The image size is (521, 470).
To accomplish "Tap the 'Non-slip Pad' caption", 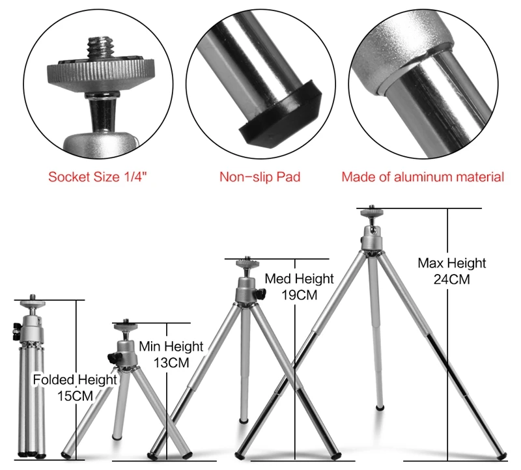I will click(x=260, y=176).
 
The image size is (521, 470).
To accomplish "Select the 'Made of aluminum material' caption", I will click(x=423, y=176).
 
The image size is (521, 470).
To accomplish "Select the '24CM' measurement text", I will click(x=452, y=279).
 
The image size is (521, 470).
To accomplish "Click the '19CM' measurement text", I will click(x=299, y=294).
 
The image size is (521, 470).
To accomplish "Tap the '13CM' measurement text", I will click(x=171, y=363).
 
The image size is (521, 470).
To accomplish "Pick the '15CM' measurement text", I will click(x=75, y=395).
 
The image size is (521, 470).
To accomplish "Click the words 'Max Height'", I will click(x=452, y=263).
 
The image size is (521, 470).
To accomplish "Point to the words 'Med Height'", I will click(x=299, y=279).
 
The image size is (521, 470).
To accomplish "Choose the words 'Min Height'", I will click(x=171, y=347).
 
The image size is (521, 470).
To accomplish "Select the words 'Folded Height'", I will click(x=75, y=380).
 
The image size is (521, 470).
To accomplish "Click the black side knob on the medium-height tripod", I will click(x=260, y=294).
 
